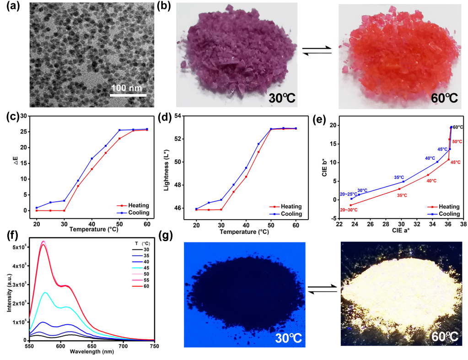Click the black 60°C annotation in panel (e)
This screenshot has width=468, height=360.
[458, 127]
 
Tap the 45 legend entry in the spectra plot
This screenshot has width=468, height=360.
[142, 268]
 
